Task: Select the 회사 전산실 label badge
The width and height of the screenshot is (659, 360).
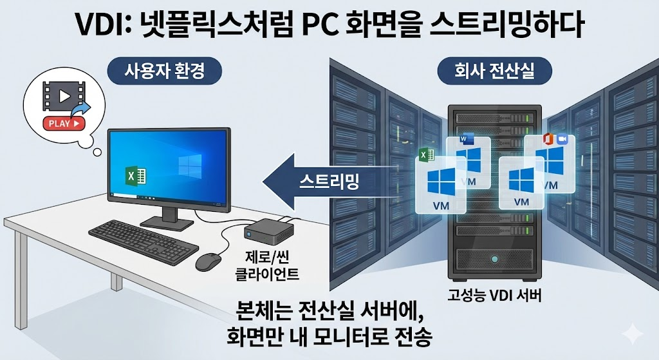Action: tap(494, 71)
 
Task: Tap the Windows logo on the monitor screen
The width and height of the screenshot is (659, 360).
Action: tap(190, 164)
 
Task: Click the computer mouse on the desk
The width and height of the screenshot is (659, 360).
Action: tap(208, 260)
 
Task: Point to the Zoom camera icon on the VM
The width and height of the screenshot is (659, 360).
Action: tap(562, 139)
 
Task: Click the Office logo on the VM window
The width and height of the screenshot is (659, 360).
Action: tap(548, 139)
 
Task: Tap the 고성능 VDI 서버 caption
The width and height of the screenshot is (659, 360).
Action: tap(495, 297)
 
